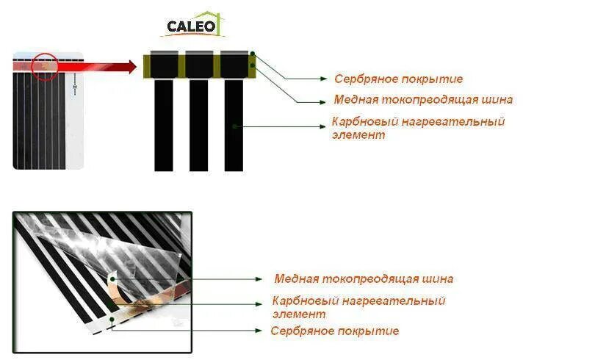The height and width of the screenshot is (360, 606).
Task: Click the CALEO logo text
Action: point(191,27)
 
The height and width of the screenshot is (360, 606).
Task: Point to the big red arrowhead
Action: point(131,67)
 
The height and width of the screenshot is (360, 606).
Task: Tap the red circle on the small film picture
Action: point(44,64)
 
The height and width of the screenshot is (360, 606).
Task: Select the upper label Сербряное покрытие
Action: point(398,79)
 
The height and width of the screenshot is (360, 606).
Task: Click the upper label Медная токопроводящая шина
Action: point(423,100)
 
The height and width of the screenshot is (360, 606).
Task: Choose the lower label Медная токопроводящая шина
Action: point(364,279)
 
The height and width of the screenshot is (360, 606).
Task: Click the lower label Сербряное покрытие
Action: point(335,331)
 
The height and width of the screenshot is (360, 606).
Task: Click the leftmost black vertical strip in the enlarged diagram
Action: point(163,125)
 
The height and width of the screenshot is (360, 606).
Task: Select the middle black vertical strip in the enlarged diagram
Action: point(198,125)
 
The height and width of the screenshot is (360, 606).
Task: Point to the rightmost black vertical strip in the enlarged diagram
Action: point(234,125)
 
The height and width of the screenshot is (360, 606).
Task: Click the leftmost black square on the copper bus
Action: point(163,65)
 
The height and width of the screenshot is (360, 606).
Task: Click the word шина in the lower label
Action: point(439,279)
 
